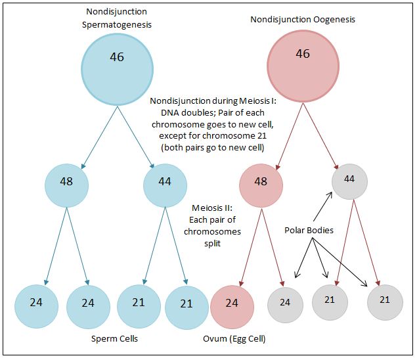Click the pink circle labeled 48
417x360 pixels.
click(261, 182)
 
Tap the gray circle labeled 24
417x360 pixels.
click(285, 303)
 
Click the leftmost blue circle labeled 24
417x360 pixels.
click(36, 304)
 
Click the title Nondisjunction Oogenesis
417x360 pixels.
click(303, 20)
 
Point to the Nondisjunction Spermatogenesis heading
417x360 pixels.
click(117, 18)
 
